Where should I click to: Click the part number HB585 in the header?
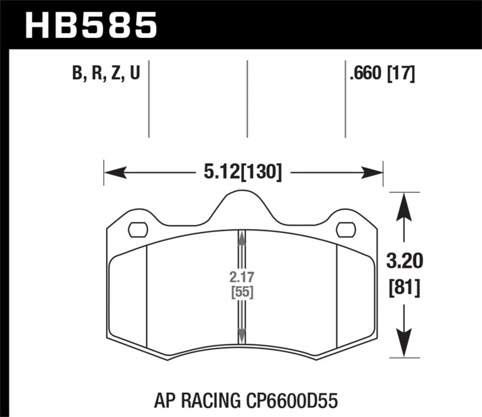90,25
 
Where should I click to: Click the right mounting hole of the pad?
345,229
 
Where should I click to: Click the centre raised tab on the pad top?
242,205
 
